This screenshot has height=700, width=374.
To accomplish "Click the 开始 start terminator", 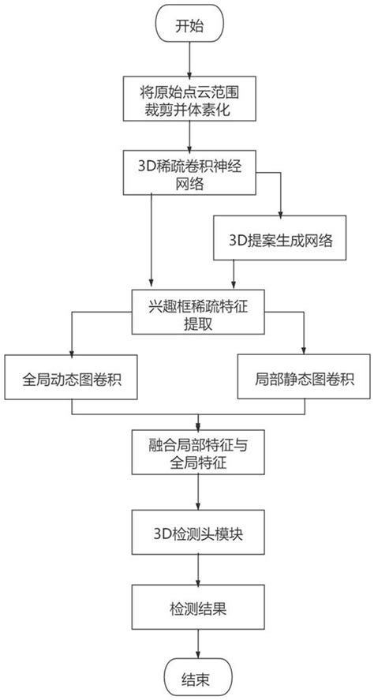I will click(190, 26).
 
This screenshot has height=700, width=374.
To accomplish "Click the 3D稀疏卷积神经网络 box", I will click(189, 173).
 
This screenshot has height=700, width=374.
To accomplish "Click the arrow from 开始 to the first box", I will click(189, 61).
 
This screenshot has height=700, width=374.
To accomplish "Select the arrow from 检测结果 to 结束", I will click(198, 643).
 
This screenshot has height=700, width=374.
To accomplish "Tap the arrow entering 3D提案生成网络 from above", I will click(280, 209).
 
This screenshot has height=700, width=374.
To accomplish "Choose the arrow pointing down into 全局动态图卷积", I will click(72, 347).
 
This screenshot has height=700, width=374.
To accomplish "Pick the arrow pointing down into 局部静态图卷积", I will click(304, 347).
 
